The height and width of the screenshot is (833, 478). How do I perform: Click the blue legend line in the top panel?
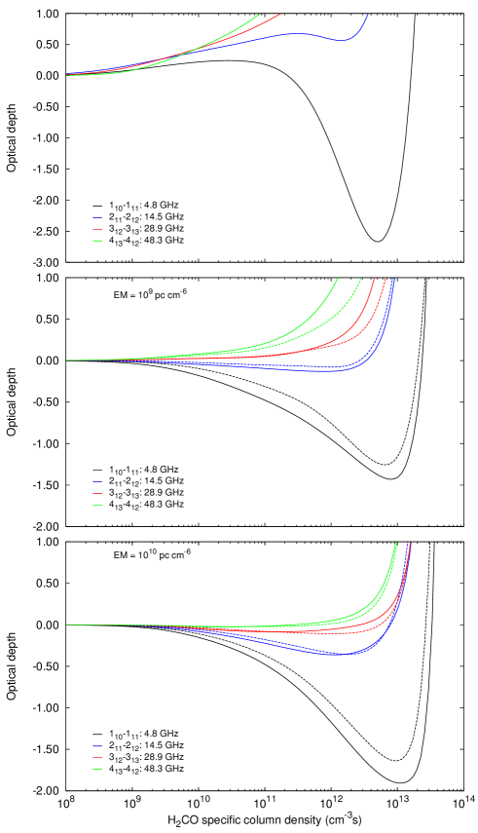97,218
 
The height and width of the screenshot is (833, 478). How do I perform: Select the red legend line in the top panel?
97,229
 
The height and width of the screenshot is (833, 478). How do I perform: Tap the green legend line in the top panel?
97,240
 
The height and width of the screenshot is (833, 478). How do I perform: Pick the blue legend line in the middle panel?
97,482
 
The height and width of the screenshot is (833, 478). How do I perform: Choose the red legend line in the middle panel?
97,494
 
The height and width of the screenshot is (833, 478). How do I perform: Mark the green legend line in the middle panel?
97,506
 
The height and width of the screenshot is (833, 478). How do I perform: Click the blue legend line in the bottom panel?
97,746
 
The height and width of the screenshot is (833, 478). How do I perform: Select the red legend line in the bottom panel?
97,758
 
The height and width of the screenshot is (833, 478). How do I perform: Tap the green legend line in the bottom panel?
97,770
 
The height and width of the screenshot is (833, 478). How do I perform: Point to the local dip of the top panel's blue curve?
341,40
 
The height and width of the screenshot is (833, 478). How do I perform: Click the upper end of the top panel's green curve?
260,15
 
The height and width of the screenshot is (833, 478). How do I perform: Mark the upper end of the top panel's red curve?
280,15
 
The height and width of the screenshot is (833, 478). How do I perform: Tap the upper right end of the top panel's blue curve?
367,15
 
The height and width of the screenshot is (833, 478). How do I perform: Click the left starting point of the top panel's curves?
67,74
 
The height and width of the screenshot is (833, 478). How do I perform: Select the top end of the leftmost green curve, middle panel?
337,280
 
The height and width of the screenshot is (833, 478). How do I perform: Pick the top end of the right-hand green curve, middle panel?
361,280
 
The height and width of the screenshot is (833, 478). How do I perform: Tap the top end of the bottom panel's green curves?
395,544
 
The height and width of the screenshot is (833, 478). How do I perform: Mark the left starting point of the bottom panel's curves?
67,625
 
